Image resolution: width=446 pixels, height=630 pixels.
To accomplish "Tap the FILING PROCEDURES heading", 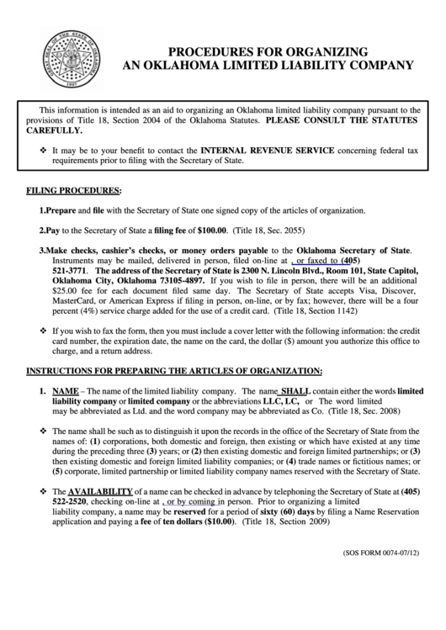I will tap(73, 192).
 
